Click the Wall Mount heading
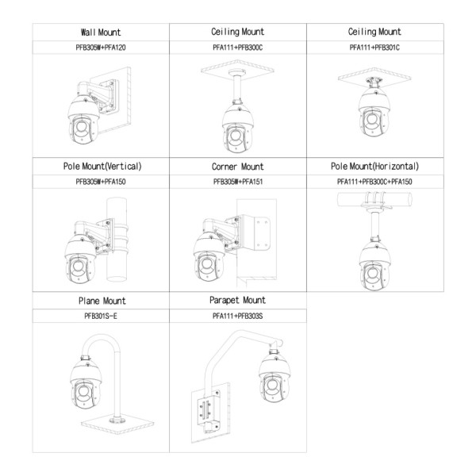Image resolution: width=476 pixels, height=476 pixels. pos(101,33)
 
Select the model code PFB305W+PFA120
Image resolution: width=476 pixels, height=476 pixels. pos(101,48)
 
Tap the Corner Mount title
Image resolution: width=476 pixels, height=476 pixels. pos(238,167)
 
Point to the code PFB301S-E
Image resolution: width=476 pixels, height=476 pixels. pos(101,316)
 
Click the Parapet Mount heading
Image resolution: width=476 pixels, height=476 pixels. pos(237,300)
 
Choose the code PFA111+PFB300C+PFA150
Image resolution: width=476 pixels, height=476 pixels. pos(374,182)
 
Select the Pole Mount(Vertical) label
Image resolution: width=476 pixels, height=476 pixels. pos(102,167)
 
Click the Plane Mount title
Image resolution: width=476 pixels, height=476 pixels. pos(102,301)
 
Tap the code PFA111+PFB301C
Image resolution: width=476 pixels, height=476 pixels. pos(374,48)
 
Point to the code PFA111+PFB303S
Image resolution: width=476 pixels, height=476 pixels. pos(237,316)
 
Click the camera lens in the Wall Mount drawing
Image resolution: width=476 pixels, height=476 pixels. pos(82,126)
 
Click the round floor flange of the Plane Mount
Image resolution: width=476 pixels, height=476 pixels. pos(117,420)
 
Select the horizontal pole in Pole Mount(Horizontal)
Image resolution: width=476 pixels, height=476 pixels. pos(374,199)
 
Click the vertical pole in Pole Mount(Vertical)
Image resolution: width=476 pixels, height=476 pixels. pos(117,240)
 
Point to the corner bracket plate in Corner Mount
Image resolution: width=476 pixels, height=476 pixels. pos(256,232)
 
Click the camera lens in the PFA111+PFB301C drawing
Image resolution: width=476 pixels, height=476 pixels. pos(372,119)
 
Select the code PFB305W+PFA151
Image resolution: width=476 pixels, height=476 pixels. pos(238,182)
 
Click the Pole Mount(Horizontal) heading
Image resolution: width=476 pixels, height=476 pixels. pos(374,167)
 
